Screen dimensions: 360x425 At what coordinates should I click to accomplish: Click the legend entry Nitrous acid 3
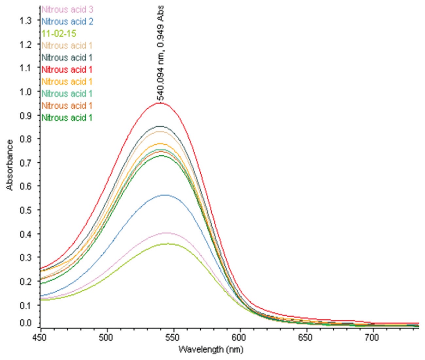pos(67,9)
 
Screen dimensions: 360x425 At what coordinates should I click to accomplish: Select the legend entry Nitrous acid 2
pos(67,22)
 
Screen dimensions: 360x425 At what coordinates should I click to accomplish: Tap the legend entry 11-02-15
pos(59,34)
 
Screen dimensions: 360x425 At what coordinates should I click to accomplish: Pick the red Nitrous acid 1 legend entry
pos(67,70)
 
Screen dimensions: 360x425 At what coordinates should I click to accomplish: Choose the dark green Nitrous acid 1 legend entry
pos(67,118)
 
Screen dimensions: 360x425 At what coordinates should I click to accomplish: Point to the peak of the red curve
pos(160,103)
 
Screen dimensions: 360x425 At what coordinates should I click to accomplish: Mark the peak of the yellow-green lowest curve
pos(168,244)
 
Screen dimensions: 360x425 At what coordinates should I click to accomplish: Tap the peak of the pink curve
pos(167,233)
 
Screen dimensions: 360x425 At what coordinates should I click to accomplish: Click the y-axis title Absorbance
pos(10,165)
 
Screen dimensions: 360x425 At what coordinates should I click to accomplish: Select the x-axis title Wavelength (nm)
pos(211,349)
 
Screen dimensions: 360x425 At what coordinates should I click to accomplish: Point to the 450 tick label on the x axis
pos(41,337)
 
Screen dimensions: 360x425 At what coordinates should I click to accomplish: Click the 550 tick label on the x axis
pos(173,337)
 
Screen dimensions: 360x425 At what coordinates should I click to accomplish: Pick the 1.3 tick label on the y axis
pos(26,21)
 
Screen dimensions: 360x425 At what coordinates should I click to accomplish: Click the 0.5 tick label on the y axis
pos(26,210)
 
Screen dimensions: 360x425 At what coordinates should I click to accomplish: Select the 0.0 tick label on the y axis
pos(26,323)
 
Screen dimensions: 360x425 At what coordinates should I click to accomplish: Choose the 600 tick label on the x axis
pos(240,337)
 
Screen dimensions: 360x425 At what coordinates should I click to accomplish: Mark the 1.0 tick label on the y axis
pos(26,92)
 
